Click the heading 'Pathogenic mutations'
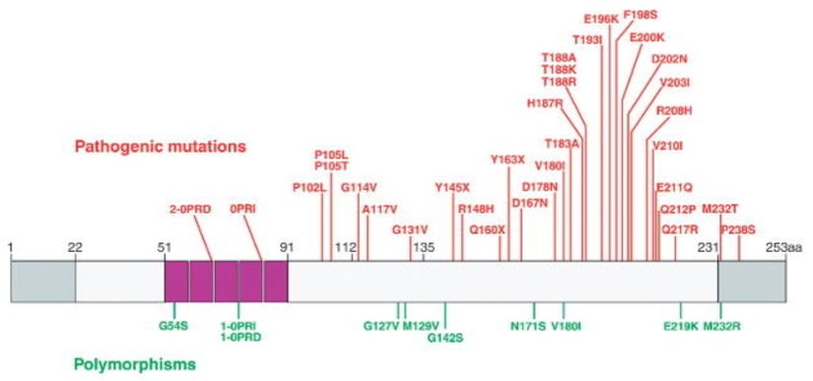159,147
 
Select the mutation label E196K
600,18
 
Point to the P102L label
308,187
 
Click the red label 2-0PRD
191,209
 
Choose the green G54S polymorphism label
172,324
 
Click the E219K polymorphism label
680,324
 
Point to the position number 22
74,249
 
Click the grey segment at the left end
42,282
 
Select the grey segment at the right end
751,282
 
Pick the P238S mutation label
738,229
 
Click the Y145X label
452,187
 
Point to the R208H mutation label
674,110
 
